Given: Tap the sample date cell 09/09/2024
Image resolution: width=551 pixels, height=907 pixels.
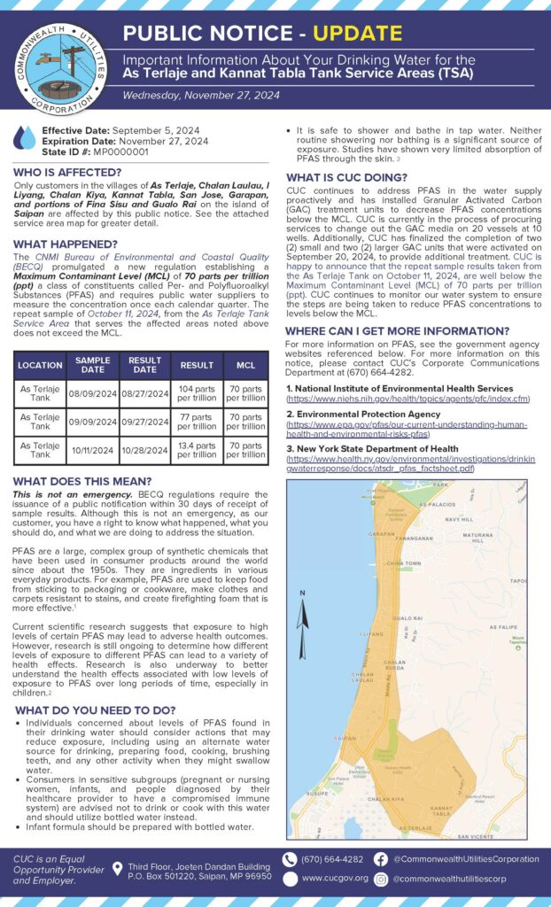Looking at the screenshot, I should click(x=93, y=422).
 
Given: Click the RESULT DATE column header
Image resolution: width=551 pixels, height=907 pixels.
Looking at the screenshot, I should click(x=144, y=365).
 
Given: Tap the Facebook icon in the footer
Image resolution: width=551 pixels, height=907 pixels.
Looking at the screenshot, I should click(x=380, y=859).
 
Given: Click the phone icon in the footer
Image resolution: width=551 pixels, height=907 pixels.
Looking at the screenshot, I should click(x=289, y=859).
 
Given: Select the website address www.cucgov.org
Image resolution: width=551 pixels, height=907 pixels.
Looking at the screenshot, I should click(x=335, y=879).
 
